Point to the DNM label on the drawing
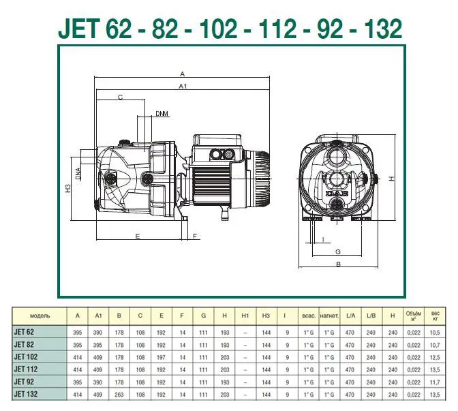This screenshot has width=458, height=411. pyautogui.click(x=162, y=113)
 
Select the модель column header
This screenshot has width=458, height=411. pyautogui.click(x=39, y=316)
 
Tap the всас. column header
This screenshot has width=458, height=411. pyautogui.click(x=309, y=316)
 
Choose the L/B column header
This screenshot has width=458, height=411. pyautogui.click(x=371, y=316)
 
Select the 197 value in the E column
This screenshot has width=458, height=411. pyautogui.click(x=161, y=357)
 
